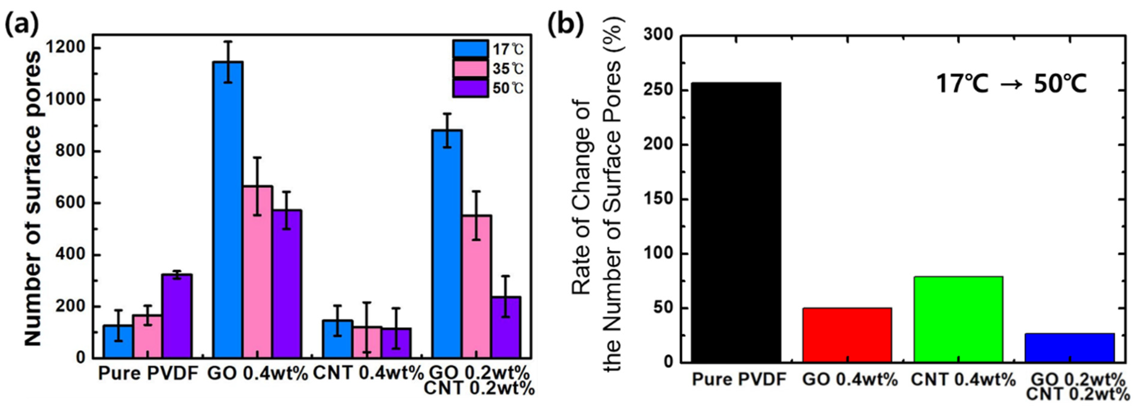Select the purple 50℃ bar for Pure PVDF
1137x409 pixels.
177,316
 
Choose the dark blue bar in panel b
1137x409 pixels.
1069,348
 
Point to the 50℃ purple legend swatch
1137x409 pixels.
470,88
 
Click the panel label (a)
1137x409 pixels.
21,25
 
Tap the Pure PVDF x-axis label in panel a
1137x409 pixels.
148,374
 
